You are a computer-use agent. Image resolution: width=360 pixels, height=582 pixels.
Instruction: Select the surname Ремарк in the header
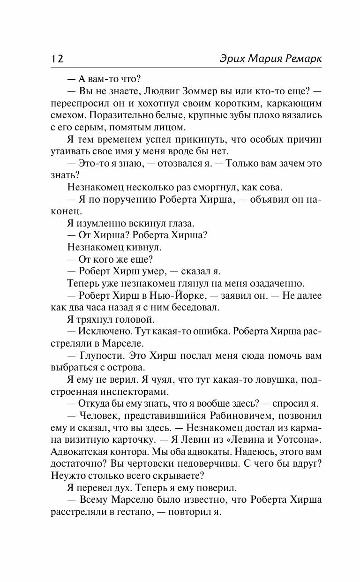tap(300, 59)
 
